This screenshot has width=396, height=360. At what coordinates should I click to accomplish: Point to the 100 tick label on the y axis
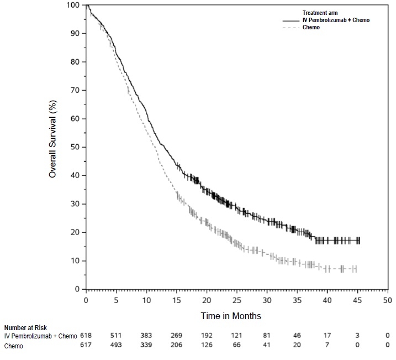coord(73,5)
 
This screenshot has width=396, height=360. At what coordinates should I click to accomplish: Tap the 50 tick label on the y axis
coord(76,147)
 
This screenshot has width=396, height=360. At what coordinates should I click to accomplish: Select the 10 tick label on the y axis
coord(76,261)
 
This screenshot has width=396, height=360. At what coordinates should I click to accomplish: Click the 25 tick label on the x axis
coord(236,300)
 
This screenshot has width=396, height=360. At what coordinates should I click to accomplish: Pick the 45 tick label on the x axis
coord(357,300)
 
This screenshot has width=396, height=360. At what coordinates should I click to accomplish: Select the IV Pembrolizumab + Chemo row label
coord(41,336)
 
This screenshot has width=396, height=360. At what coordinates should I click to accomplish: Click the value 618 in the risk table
coord(86,336)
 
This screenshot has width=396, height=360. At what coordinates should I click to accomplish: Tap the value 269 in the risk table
coord(176,336)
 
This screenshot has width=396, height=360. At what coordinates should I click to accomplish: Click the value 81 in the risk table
coord(267,336)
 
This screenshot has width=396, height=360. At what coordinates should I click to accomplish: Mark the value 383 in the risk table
coord(146,336)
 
